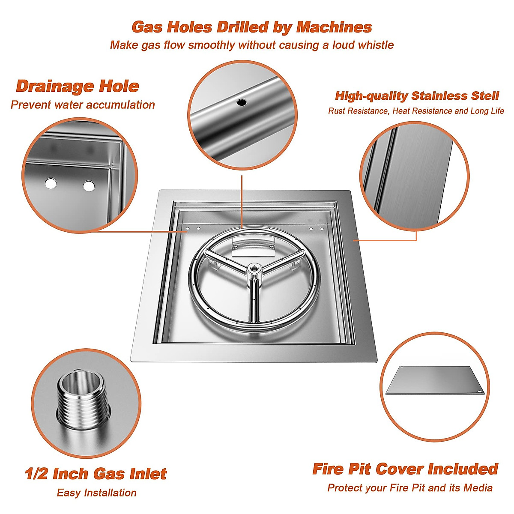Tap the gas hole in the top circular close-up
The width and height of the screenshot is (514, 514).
[x=242, y=102]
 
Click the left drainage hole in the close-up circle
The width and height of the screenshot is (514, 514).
[x=51, y=184]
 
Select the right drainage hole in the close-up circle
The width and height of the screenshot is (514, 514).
[x=89, y=186]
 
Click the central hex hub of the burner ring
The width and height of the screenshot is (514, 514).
[x=253, y=269]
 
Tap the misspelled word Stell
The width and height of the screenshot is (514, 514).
[x=483, y=96]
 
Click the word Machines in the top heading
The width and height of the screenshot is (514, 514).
[x=334, y=27]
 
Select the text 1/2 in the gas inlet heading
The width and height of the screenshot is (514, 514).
[x=36, y=474]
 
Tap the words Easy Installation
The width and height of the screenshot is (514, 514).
[x=96, y=493]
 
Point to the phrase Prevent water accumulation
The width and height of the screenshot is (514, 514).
[x=83, y=105]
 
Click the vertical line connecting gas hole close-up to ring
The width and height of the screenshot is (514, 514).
[x=242, y=199]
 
